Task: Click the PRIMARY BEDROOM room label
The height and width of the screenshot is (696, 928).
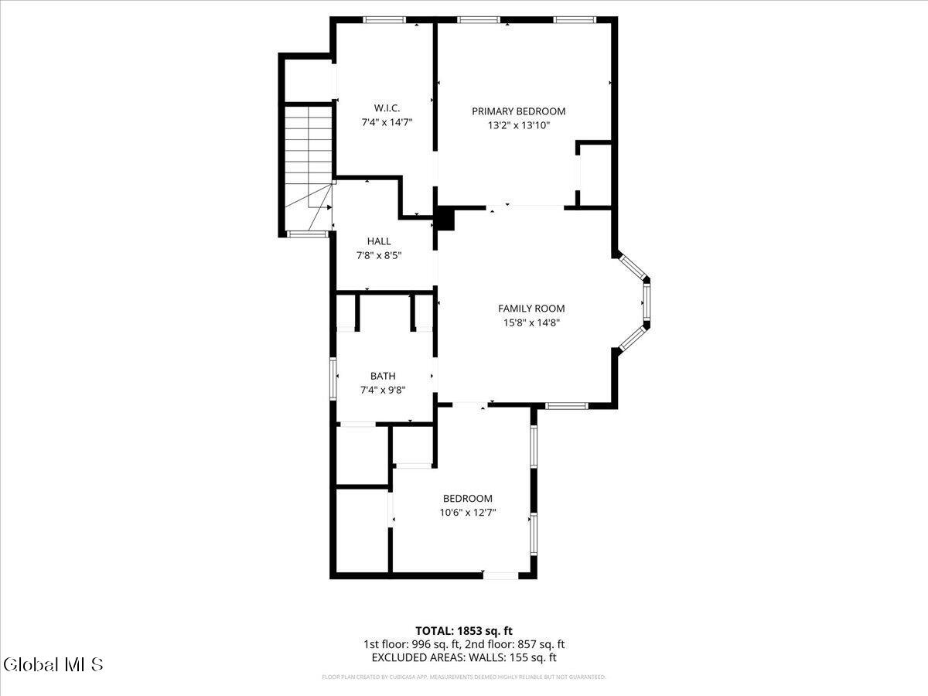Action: [x=518, y=111]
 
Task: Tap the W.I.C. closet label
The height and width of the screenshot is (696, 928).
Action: [x=387, y=107]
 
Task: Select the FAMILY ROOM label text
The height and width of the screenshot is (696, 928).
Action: [x=531, y=309]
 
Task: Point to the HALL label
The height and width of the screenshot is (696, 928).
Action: [x=379, y=241]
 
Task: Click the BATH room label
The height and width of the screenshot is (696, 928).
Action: [x=383, y=376]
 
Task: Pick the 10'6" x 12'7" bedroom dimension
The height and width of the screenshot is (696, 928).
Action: [x=467, y=512]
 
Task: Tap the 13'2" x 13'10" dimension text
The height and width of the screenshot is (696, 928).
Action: [x=518, y=125]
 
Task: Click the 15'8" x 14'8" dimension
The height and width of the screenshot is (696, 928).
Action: [x=531, y=322]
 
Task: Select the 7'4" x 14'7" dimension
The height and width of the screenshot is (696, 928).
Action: [x=387, y=121]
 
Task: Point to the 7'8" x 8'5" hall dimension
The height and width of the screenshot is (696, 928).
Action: [x=379, y=255]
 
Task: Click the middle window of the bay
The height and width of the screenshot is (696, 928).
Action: [x=647, y=303]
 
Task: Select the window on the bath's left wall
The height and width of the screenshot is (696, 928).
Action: [x=333, y=378]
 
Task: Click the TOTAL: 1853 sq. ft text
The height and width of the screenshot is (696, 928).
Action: [x=464, y=630]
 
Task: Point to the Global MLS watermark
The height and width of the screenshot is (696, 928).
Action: [x=53, y=664]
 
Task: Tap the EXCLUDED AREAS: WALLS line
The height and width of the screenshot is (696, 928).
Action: [x=464, y=658]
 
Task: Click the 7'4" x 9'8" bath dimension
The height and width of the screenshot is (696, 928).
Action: [x=383, y=390]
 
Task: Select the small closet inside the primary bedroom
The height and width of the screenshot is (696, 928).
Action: [x=595, y=175]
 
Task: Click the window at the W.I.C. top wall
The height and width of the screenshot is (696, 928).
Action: [x=384, y=20]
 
